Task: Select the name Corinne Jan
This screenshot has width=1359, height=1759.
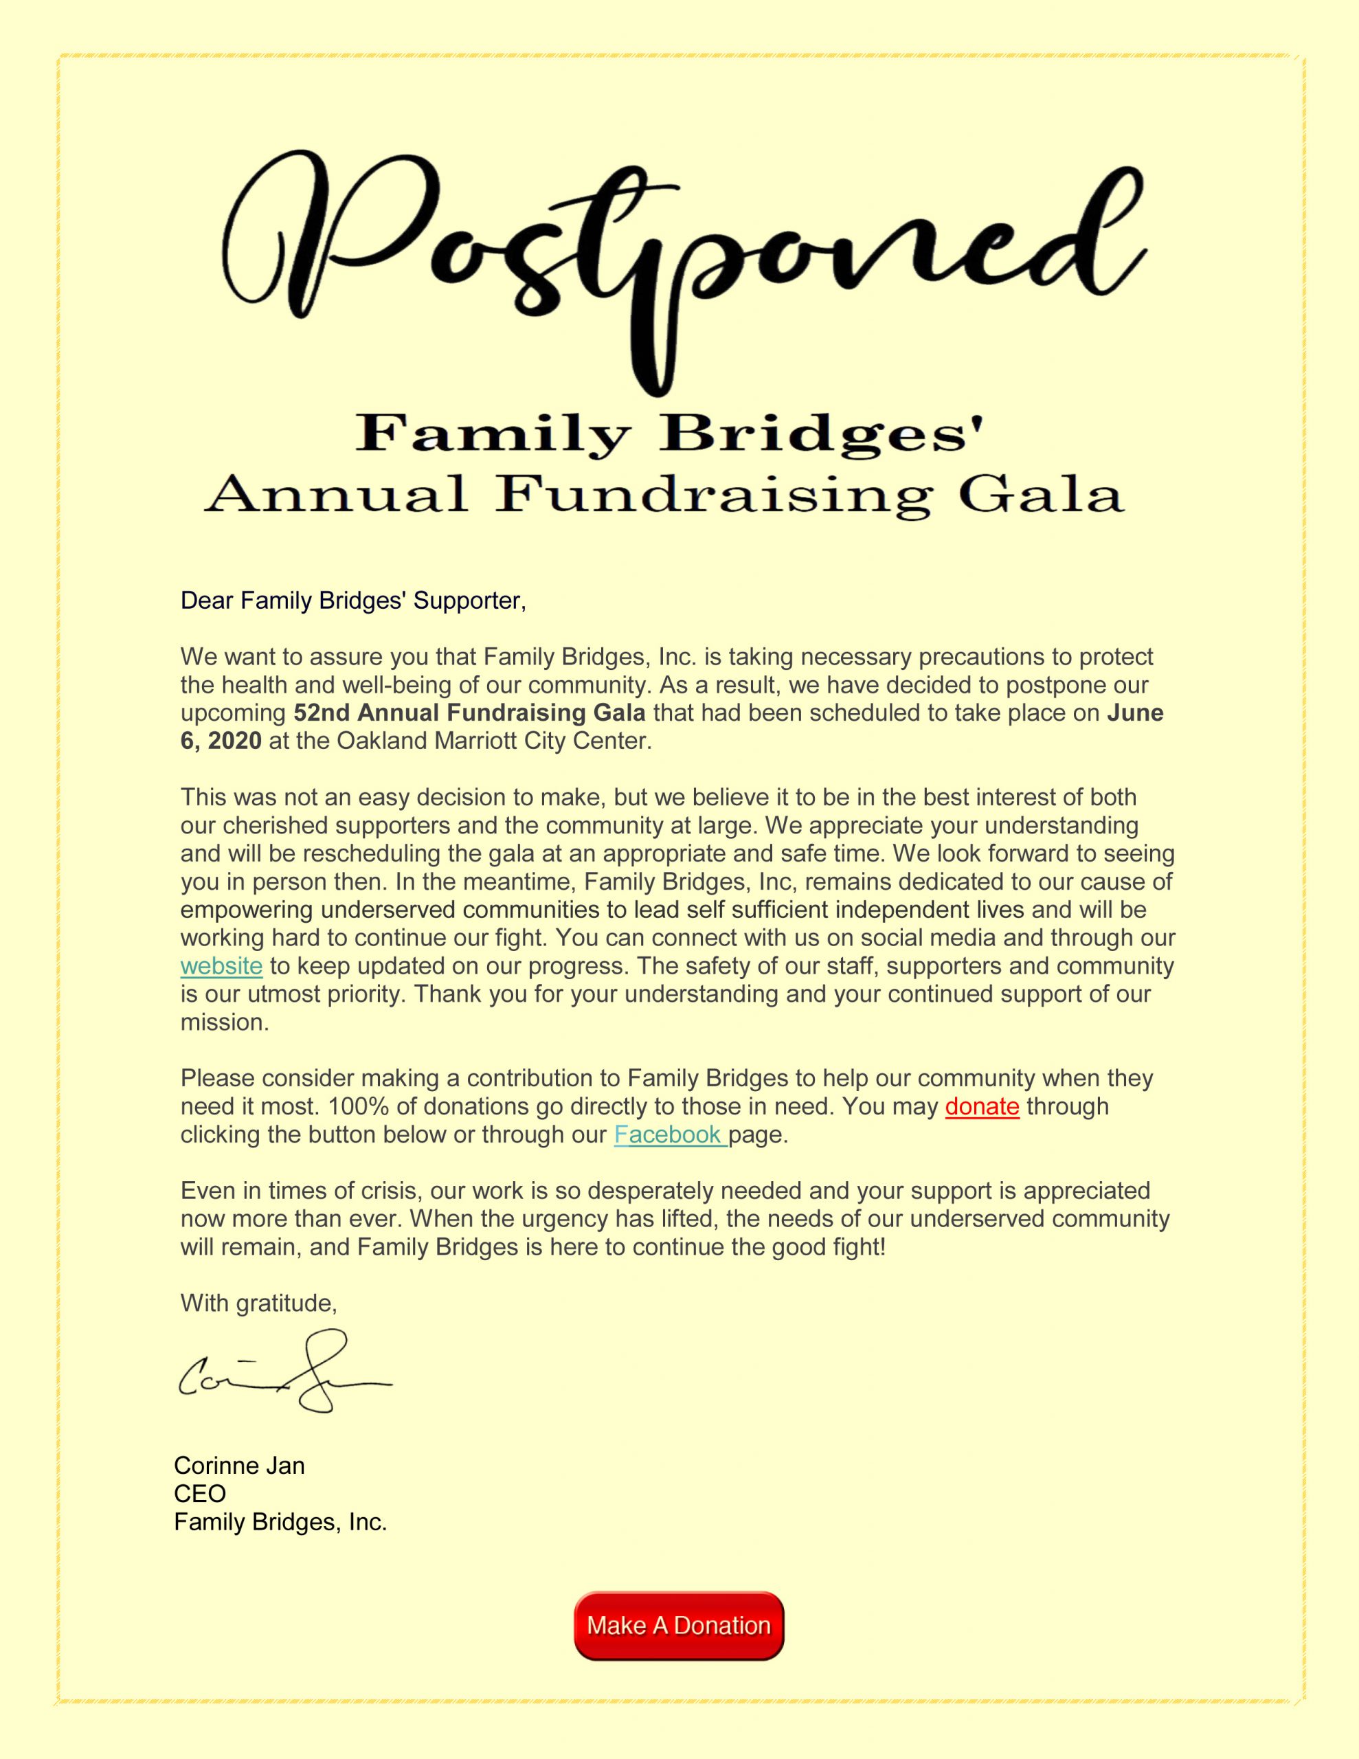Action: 239,1465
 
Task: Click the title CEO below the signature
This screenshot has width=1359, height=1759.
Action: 200,1493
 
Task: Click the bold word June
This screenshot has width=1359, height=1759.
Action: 1135,713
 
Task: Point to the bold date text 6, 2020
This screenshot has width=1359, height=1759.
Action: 221,741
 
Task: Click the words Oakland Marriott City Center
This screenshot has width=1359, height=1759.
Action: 493,741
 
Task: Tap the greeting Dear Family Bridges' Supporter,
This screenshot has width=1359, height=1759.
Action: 353,601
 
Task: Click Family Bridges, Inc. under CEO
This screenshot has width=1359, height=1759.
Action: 280,1521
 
